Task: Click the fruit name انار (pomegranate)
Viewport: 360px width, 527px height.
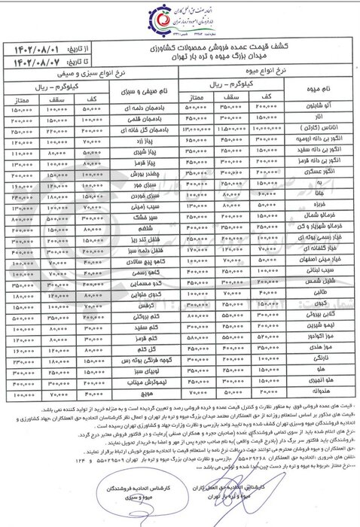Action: click(x=318, y=118)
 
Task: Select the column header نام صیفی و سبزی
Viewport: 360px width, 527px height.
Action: click(x=145, y=92)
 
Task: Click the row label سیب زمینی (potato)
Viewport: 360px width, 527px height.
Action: click(x=145, y=203)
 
